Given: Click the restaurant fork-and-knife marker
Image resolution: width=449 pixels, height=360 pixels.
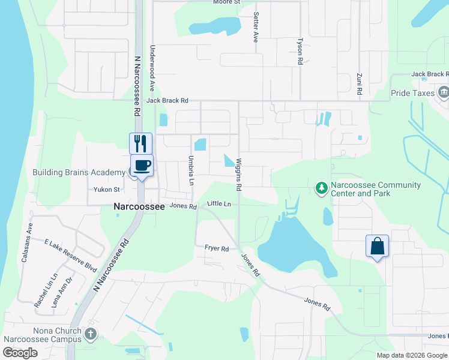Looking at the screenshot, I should click(140, 143).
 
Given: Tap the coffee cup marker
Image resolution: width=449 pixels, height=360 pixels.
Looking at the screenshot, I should click(142, 165).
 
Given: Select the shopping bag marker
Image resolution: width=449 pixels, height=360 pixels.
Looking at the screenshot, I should click(377, 245).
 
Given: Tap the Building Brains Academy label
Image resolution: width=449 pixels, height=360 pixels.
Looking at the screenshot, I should click(78, 173).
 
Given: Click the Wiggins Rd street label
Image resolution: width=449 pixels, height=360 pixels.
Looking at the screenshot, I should click(239, 175).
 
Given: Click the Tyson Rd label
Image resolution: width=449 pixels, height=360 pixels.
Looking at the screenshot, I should click(300, 52).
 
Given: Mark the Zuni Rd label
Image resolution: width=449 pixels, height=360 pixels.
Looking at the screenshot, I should click(359, 84).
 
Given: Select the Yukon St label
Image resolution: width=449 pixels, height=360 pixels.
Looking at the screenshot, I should click(107, 190).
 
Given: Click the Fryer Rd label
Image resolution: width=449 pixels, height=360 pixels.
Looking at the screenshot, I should click(217, 248).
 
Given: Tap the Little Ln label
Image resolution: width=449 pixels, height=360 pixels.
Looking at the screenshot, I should click(219, 204).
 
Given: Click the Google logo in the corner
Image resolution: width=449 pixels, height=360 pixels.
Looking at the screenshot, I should click(20, 353).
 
